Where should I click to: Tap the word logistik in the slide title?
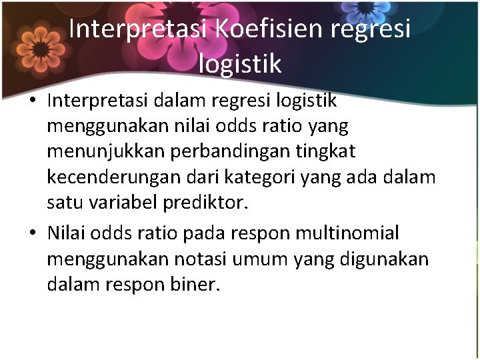(240, 64)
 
